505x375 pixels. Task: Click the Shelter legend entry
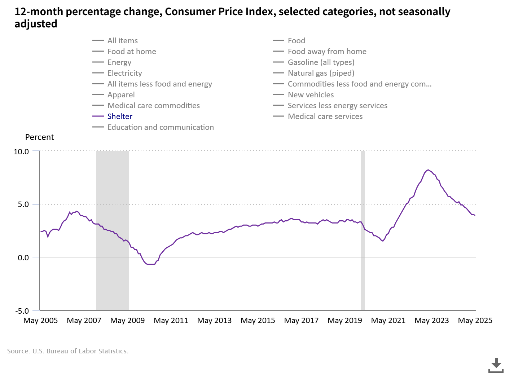120,116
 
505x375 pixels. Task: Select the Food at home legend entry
132,52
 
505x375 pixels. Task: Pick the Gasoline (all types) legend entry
321,62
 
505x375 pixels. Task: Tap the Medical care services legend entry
325,116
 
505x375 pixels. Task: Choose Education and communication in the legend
161,127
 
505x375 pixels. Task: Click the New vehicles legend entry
311,95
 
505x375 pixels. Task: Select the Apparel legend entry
121,95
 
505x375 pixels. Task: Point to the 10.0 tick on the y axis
21,152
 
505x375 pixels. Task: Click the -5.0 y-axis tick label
22,311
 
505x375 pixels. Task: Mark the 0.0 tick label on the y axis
23,258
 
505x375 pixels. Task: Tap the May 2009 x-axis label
127,321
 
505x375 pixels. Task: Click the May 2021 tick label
388,321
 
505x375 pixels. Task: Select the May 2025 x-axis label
475,321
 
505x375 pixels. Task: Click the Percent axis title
39,137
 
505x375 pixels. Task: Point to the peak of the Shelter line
428,170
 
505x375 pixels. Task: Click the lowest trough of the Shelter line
151,264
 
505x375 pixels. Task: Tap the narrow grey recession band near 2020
363,231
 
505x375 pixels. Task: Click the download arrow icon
496,365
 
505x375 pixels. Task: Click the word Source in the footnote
18,351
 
